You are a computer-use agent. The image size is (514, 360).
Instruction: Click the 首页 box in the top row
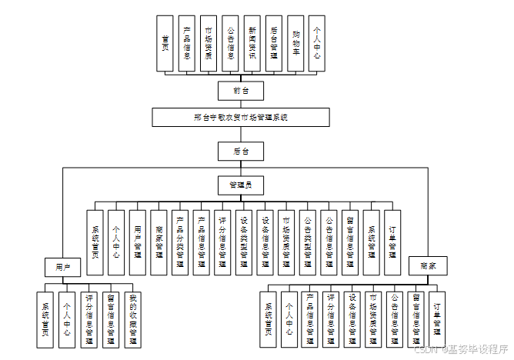coord(165,44)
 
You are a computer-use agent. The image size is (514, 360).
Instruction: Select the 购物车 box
coord(295,44)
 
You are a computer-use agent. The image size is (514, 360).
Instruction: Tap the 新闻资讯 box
coord(252,44)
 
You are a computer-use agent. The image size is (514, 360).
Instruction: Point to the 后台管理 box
coord(274,44)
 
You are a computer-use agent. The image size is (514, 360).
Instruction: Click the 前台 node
coord(241,91)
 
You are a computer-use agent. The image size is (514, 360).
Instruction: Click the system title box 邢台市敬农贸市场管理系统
coord(241,117)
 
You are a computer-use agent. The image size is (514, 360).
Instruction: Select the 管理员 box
coord(241,185)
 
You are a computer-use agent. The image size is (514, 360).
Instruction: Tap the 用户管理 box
coord(137,242)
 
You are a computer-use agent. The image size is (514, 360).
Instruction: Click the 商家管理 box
coord(159,242)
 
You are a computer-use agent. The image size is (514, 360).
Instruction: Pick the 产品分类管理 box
coord(179,242)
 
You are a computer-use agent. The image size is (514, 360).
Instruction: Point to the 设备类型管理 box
coord(243,242)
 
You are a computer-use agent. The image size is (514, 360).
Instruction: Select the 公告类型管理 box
coord(307,242)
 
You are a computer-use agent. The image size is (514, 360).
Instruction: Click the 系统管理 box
coord(371,242)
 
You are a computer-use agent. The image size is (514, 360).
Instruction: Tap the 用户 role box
coord(62,266)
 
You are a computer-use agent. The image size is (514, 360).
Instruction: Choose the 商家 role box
coord(427,266)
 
